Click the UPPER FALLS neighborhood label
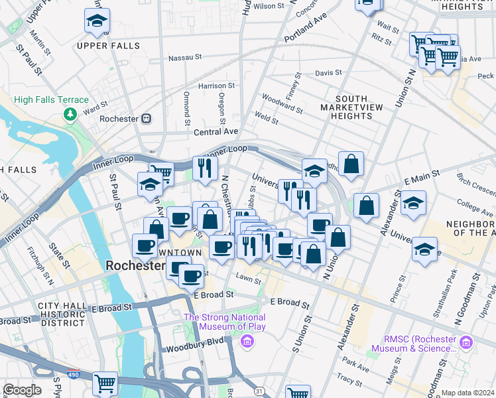(108, 46)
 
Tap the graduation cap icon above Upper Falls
(97, 21)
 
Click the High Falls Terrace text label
(52, 100)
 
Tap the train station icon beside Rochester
(146, 119)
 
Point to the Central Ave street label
(216, 133)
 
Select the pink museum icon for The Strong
(247, 342)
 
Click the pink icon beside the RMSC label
(467, 342)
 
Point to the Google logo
(21, 390)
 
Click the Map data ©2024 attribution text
(467, 393)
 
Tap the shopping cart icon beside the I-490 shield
(105, 383)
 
